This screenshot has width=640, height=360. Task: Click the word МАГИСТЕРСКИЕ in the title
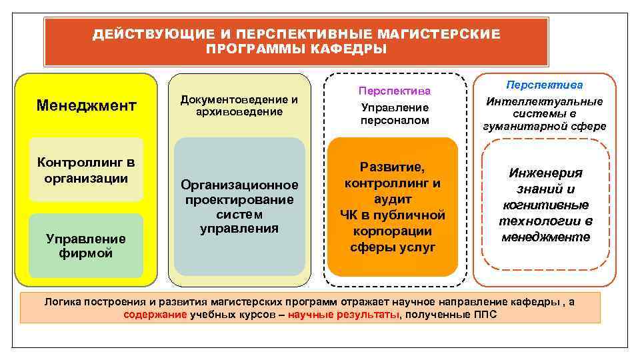click(x=438, y=33)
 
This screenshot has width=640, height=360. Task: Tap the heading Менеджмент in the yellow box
click(x=86, y=105)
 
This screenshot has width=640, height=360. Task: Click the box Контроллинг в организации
click(x=86, y=170)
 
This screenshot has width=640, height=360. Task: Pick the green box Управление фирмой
click(x=86, y=245)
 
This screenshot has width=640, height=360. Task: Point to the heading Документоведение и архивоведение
click(x=239, y=105)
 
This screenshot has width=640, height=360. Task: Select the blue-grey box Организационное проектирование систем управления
click(x=239, y=207)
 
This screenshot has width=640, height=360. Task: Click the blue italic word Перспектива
click(x=544, y=85)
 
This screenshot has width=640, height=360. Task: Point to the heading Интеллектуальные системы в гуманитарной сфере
click(x=544, y=113)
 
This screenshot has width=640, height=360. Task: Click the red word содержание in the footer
click(x=155, y=315)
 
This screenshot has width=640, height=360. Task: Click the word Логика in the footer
click(x=63, y=302)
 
